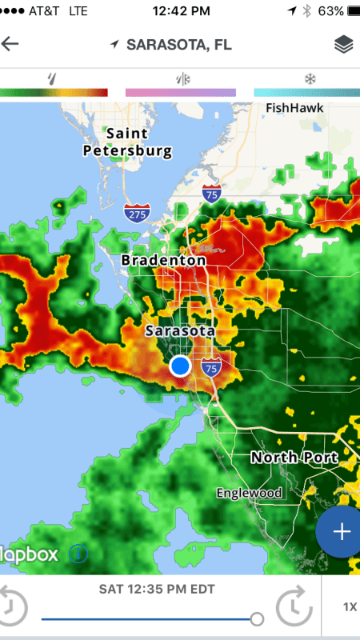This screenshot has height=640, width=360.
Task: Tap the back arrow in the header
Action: coord(10,44)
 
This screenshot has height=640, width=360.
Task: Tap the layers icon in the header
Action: coord(343,45)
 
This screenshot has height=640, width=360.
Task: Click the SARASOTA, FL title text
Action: coord(178,45)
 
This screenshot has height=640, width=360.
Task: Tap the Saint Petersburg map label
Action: coord(127,142)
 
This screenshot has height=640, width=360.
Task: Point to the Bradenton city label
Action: coord(163,260)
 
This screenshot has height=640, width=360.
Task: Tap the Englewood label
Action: coord(249,493)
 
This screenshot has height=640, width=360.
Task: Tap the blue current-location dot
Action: coord(181,366)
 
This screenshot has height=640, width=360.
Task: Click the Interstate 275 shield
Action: coord(134,213)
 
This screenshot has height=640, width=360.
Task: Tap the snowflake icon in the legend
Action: coord(310,78)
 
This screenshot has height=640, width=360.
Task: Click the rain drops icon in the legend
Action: coord(54,78)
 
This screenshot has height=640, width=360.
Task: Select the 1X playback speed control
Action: coord(350,606)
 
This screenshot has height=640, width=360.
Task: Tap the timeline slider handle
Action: coord(257,618)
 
